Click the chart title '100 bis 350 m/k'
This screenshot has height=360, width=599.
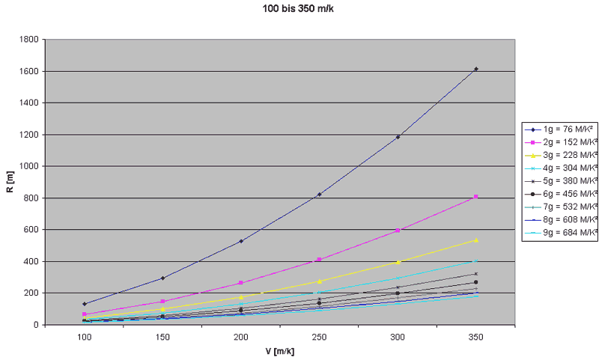(x=298, y=8)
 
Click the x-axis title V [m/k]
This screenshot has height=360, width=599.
(x=279, y=350)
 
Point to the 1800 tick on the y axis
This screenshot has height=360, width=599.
(x=29, y=40)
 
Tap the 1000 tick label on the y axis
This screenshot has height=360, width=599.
(x=29, y=166)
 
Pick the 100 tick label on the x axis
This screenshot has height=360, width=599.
(x=85, y=338)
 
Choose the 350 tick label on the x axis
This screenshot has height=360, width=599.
(x=475, y=338)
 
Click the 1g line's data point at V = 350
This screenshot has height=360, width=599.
(x=475, y=69)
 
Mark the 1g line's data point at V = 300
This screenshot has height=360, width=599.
(x=398, y=137)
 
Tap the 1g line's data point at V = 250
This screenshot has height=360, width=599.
(x=319, y=195)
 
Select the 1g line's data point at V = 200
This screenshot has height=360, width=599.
(x=241, y=241)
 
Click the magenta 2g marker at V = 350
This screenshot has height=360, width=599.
(x=475, y=197)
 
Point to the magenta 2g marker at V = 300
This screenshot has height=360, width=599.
(x=398, y=231)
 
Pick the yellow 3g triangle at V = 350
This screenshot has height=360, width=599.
(x=475, y=240)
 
